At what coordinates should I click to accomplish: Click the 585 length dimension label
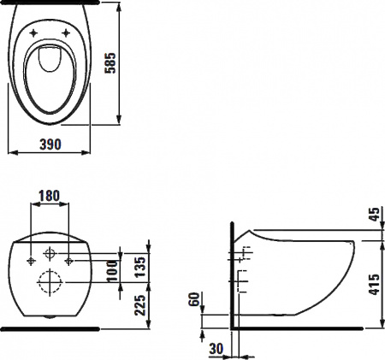tap(110, 63)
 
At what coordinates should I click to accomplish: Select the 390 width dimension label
tap(50, 145)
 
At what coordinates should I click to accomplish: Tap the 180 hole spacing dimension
tap(50, 196)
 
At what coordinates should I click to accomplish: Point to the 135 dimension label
tap(140, 267)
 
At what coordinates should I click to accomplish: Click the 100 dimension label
tap(112, 271)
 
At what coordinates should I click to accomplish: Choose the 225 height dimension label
tap(140, 305)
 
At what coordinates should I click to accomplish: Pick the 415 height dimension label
tap(374, 285)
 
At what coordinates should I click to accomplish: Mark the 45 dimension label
tap(375, 214)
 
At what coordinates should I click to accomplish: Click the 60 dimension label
tap(195, 299)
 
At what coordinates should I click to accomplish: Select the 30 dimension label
tap(216, 349)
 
